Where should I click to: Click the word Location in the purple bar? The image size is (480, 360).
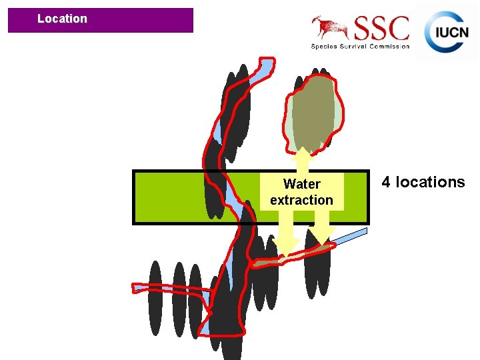tap(62, 19)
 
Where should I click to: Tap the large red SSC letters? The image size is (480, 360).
tap(381, 29)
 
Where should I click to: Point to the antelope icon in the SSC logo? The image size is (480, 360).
tap(330, 27)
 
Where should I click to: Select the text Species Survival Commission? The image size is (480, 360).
tap(360, 46)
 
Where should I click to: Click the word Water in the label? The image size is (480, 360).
tap(301, 184)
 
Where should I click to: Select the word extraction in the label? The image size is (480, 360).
tap(301, 200)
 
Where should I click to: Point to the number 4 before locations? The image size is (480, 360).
tap(386, 182)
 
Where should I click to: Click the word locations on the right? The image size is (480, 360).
tap(430, 182)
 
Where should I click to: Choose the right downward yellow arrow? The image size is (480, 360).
tap(322, 231)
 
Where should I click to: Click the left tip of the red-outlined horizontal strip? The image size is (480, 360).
tap(136, 288)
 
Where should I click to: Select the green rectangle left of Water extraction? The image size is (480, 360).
tap(173, 197)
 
